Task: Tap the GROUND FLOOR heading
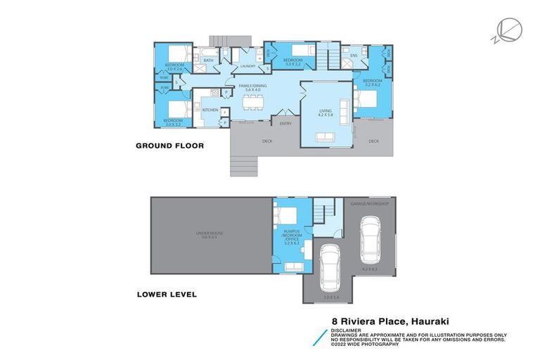169,146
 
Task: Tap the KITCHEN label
210,110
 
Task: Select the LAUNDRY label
247,66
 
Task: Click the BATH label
208,60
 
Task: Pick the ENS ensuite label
354,56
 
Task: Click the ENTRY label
285,124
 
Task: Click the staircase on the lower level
324,210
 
